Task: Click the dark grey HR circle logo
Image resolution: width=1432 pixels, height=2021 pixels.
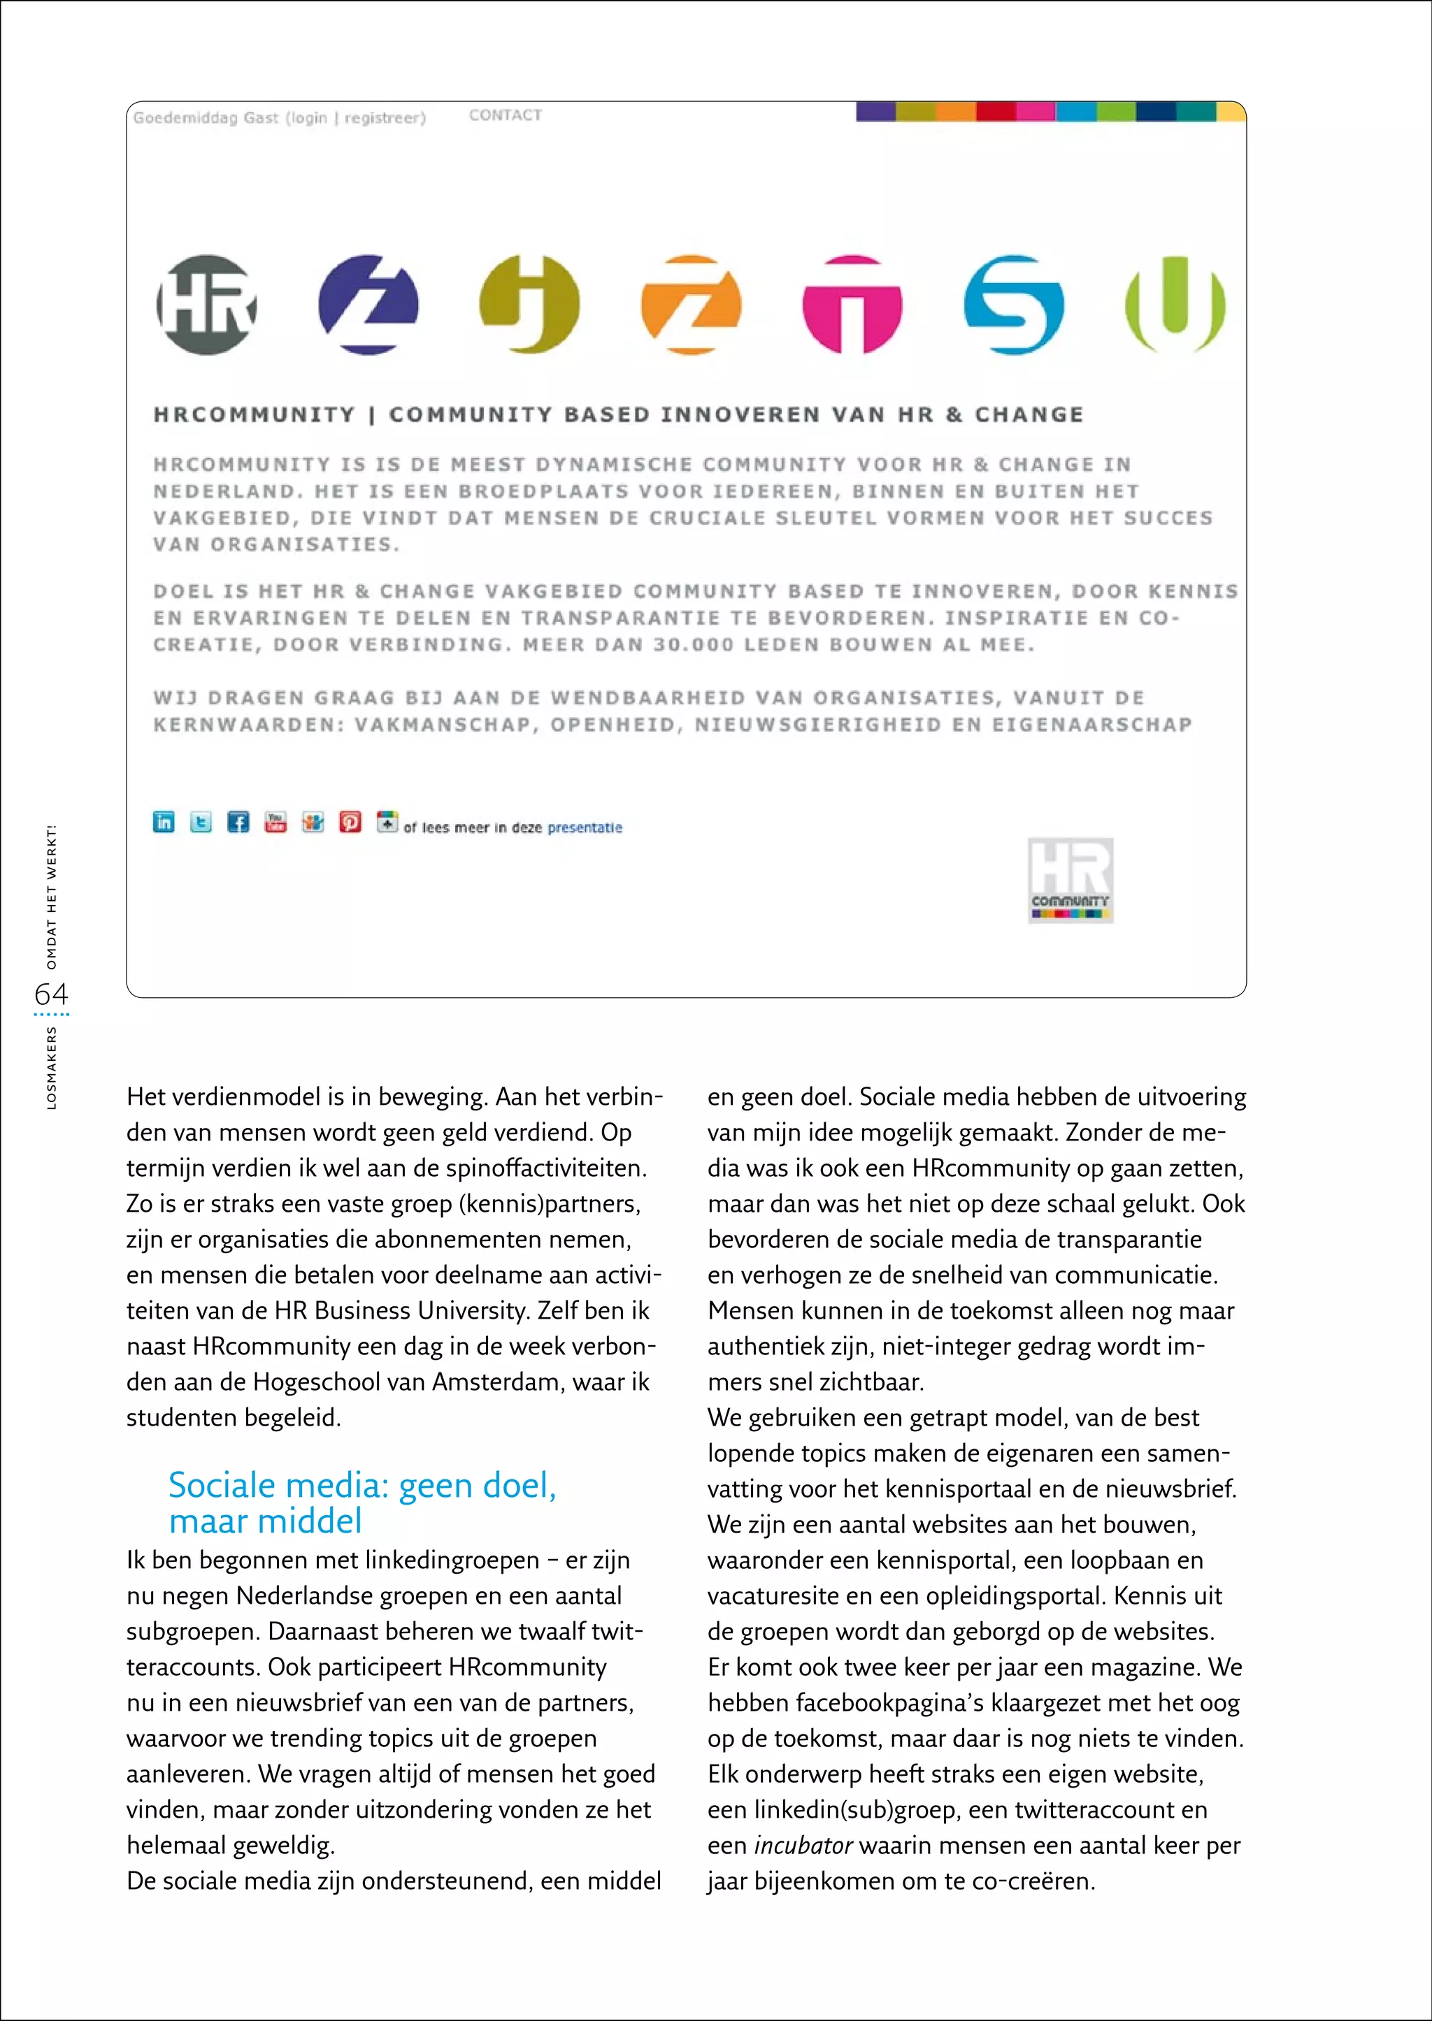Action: tap(206, 305)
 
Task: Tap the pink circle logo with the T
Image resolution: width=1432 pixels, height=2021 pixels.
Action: tap(852, 305)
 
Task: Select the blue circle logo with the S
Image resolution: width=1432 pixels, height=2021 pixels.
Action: tap(1013, 305)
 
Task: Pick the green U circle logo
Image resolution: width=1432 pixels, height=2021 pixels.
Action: tap(1175, 305)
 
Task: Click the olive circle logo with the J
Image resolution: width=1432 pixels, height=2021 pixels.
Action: tap(529, 305)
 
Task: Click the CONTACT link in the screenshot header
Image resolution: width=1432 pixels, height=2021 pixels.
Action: tap(506, 115)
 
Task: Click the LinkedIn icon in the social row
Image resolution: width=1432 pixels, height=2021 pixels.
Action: tap(164, 823)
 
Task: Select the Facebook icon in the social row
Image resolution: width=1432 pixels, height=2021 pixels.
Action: tap(238, 823)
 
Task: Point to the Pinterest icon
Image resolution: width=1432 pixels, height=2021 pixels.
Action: tap(350, 823)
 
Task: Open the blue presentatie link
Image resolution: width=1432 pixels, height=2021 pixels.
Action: tap(585, 827)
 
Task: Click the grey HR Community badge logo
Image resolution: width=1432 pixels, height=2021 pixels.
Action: tap(1070, 880)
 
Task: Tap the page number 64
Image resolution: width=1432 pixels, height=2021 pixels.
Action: tap(51, 994)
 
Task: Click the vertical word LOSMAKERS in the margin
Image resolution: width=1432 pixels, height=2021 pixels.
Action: tap(51, 1067)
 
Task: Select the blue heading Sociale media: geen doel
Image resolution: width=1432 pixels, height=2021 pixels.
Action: tap(362, 1485)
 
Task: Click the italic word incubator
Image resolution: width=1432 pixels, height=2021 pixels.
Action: tap(803, 1845)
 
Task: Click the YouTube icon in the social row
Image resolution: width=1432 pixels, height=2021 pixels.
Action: tap(276, 823)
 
